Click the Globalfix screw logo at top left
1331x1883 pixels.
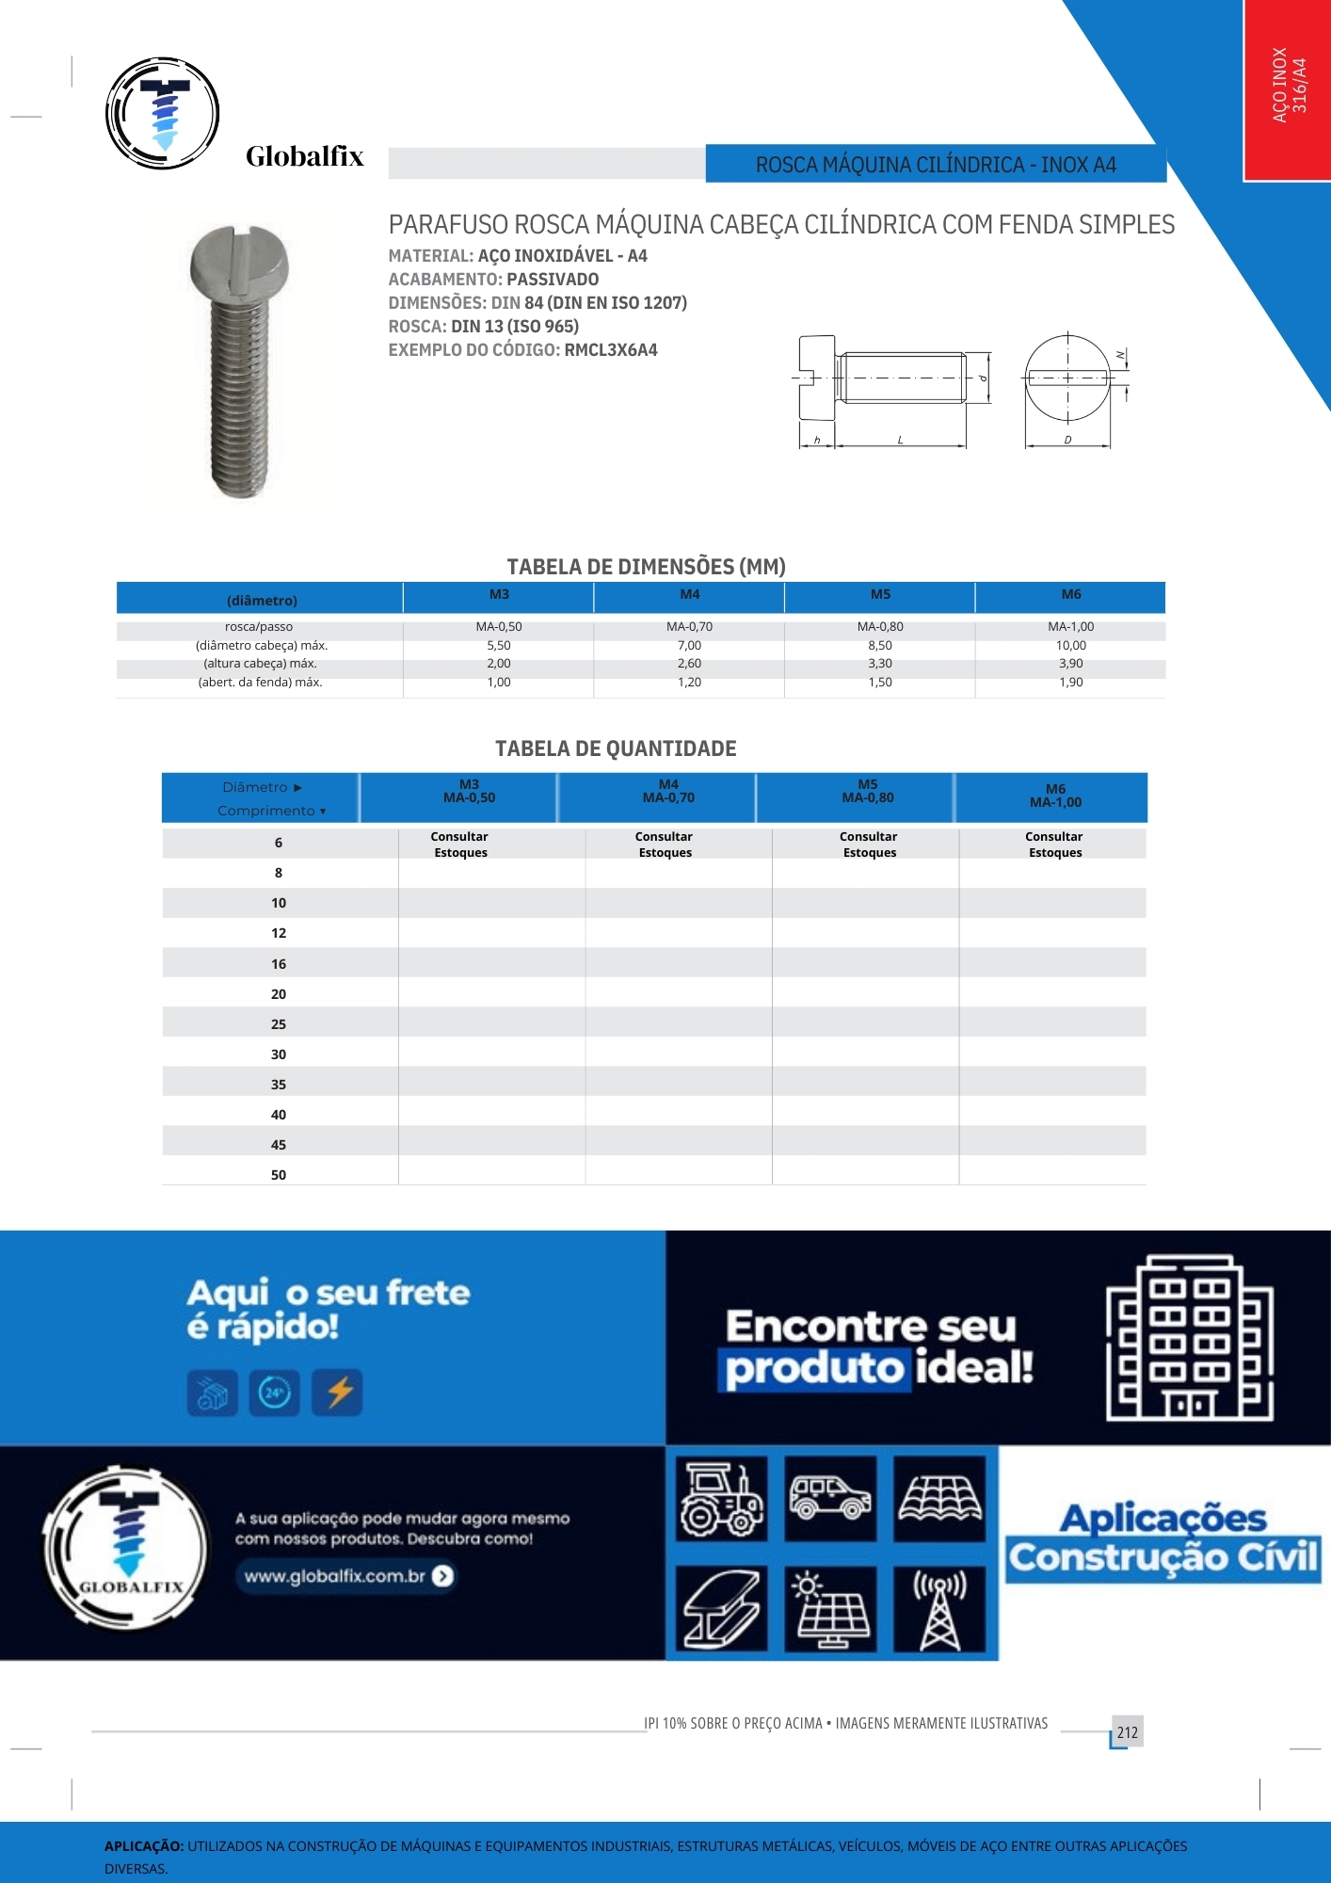tap(163, 113)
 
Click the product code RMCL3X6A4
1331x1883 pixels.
tap(610, 350)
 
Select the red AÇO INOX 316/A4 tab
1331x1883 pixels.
tap(1287, 89)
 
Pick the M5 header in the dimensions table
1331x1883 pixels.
tap(880, 595)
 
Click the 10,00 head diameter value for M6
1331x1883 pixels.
tap(1070, 646)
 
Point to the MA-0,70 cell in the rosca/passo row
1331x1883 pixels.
tap(689, 627)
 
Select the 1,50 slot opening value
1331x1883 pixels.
tap(880, 683)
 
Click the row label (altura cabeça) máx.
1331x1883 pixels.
tap(260, 664)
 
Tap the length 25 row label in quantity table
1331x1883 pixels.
tap(279, 1024)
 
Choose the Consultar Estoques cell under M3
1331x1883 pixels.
tap(460, 845)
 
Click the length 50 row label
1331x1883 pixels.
tap(279, 1175)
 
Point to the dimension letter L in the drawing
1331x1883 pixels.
tap(900, 440)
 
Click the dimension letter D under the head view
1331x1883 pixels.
tap(1067, 440)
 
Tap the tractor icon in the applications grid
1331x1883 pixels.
tap(722, 1499)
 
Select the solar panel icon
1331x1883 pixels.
tap(831, 1608)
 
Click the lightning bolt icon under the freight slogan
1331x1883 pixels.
tap(339, 1392)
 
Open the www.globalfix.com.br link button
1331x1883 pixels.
tap(347, 1576)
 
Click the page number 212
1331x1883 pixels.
tap(1127, 1732)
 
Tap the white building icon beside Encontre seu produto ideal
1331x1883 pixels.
tap(1190, 1337)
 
